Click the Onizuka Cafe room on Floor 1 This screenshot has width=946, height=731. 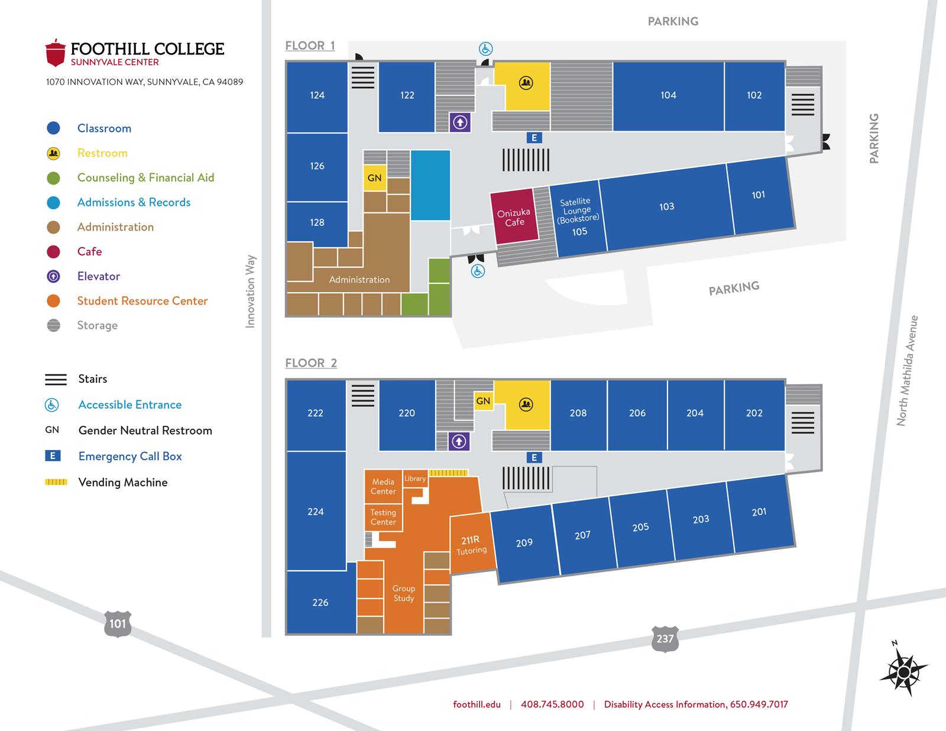(514, 217)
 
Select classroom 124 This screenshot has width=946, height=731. (317, 95)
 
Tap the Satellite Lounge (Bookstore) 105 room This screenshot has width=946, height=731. (577, 217)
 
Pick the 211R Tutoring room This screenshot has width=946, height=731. (471, 545)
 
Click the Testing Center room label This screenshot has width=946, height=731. (383, 517)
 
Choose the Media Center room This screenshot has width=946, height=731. (383, 486)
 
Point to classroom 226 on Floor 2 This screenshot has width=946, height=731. (320, 602)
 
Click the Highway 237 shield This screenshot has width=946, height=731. (665, 639)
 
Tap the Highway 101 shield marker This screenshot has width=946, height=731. (118, 623)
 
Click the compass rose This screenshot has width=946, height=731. (903, 672)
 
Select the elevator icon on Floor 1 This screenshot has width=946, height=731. (460, 122)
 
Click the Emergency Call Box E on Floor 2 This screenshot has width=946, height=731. (534, 457)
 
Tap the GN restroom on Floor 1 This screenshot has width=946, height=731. (374, 178)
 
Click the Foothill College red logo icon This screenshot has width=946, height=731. (55, 53)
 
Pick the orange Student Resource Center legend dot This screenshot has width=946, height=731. (53, 301)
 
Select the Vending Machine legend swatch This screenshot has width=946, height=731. (56, 482)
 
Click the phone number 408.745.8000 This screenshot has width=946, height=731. (552, 704)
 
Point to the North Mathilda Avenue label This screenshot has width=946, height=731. (907, 370)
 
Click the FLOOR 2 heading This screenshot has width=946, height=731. (311, 363)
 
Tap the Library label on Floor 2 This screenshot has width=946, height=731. (415, 478)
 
